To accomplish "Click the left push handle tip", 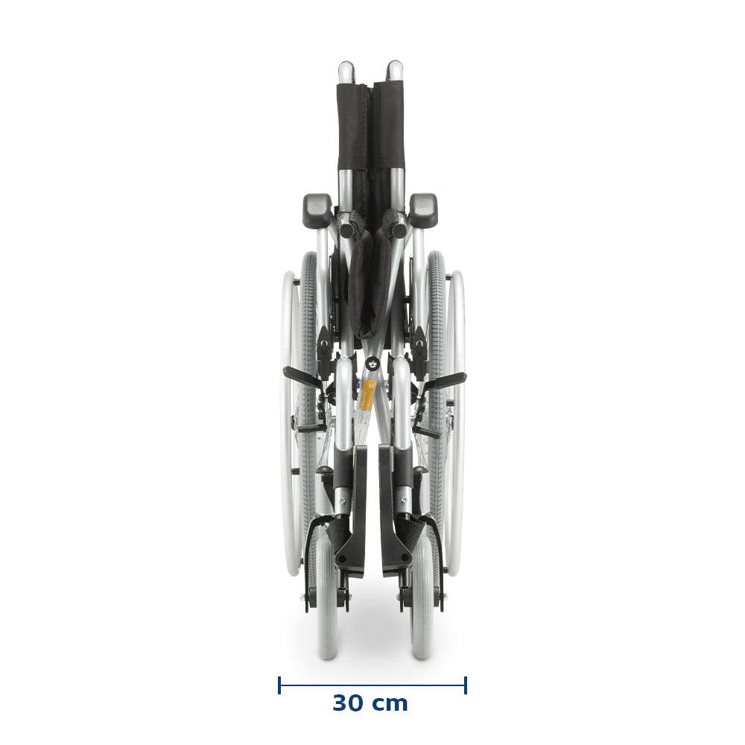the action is pos(346,70).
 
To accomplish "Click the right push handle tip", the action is pos(394,70).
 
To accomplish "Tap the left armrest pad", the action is pos(317,210).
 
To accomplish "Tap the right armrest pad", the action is pos(423,210).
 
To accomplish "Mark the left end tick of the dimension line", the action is pos(279,685).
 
